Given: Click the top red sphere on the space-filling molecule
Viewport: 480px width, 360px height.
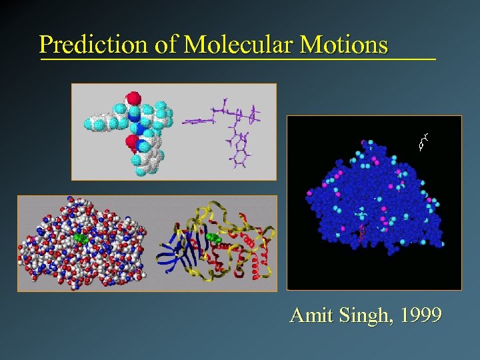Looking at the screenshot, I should [133, 99].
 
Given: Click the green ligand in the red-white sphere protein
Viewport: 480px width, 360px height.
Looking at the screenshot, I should [81, 237].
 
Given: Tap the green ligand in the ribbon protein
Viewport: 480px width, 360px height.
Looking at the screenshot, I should [213, 237].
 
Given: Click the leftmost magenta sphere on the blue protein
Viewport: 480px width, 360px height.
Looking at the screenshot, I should [309, 193].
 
